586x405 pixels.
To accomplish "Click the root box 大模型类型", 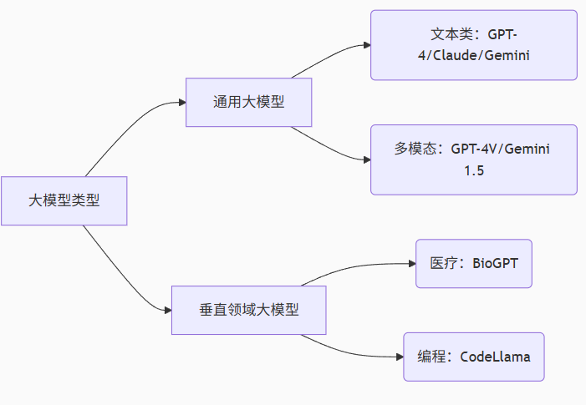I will [x=64, y=200].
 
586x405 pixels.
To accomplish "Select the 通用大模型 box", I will [x=248, y=103].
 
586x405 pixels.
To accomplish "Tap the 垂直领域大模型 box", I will [x=248, y=310].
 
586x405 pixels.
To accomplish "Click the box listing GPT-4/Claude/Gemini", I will [x=473, y=45].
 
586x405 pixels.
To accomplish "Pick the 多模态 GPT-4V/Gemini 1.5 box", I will [x=473, y=159].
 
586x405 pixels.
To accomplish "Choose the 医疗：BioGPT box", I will [x=473, y=263].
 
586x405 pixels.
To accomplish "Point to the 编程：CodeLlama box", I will [x=473, y=357].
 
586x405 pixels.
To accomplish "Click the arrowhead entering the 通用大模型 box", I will [x=181, y=103].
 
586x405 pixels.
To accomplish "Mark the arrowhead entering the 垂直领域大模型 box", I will [x=166, y=310].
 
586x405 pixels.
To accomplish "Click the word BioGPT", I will [x=495, y=263].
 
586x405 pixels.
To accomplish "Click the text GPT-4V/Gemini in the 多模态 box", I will [x=501, y=149].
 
